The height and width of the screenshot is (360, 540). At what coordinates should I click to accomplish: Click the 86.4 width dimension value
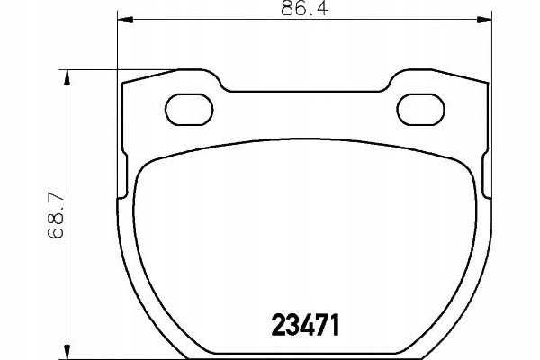(304, 8)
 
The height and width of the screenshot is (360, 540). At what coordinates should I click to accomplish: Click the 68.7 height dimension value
(56, 216)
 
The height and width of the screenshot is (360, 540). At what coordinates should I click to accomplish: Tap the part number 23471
(305, 325)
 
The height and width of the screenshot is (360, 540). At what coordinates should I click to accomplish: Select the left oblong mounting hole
(189, 109)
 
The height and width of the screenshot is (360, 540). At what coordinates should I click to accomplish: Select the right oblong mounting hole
(420, 109)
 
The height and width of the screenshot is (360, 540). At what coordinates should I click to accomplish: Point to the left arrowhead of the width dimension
(125, 19)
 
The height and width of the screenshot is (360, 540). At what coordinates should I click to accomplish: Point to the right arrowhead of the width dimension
(484, 19)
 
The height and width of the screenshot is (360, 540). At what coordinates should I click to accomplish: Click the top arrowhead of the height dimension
(67, 77)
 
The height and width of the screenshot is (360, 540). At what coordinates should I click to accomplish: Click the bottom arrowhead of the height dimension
(67, 352)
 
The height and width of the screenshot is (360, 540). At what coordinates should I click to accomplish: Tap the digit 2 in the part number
(278, 325)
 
